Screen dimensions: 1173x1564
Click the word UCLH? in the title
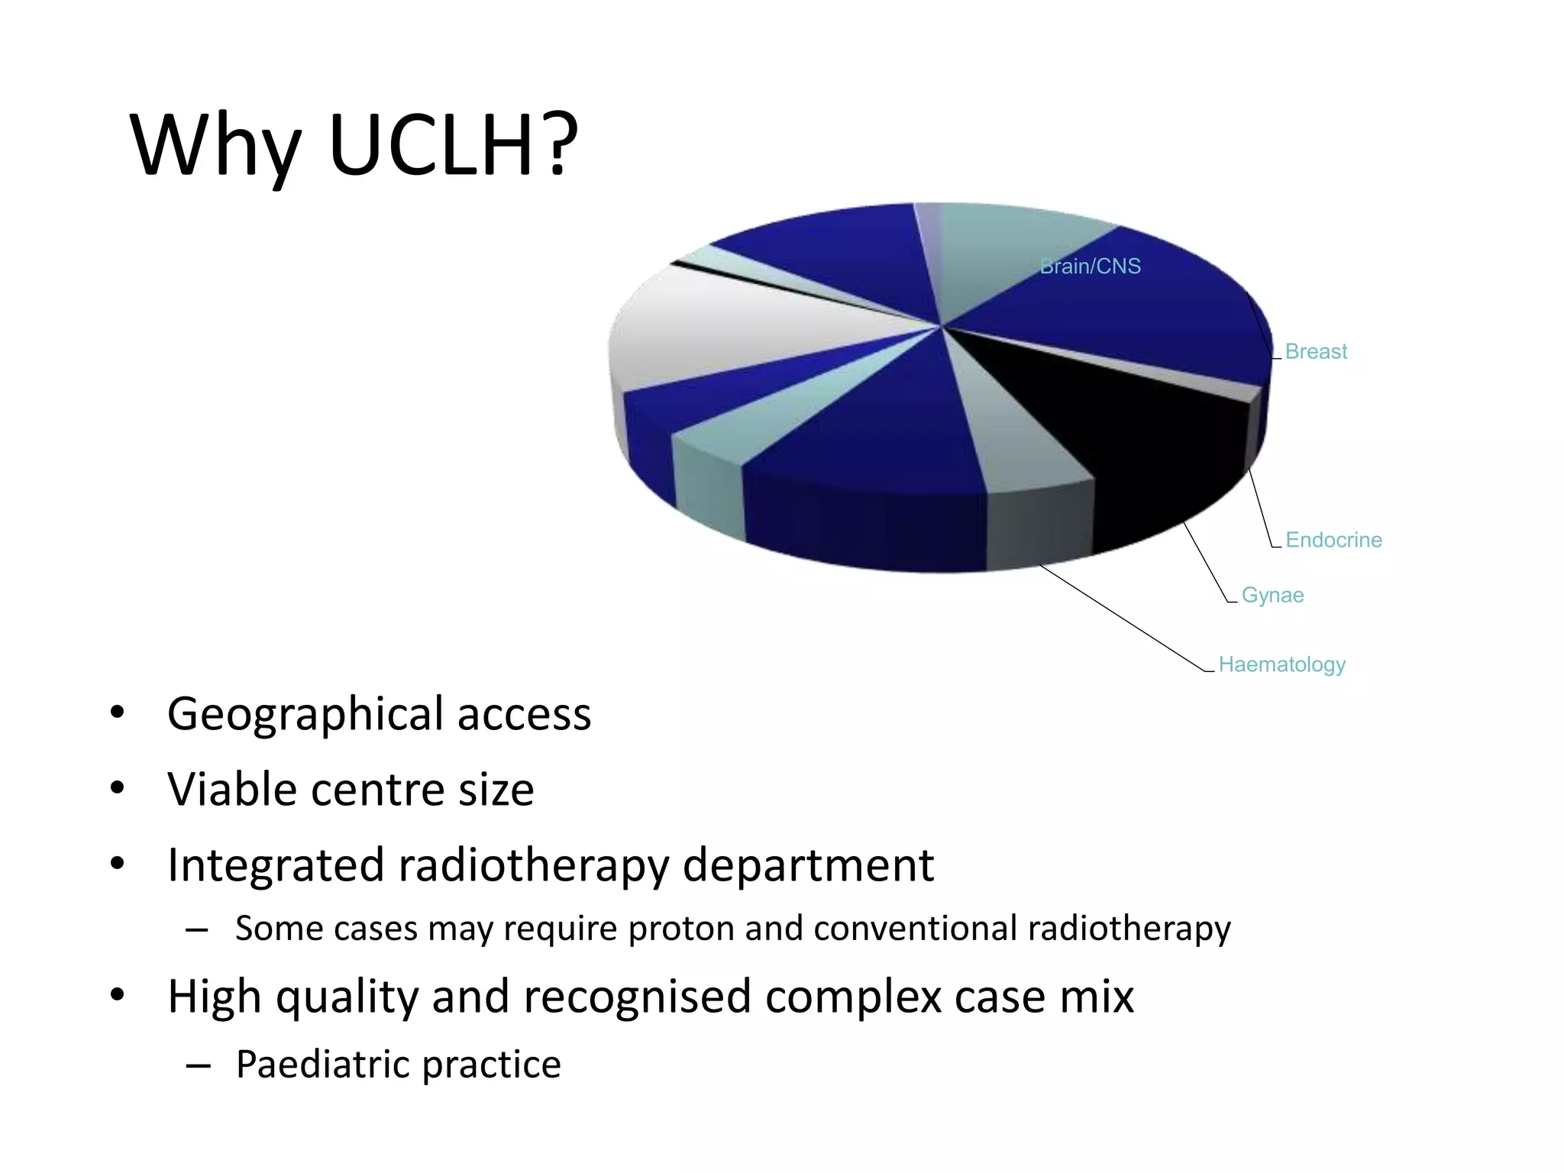(x=453, y=145)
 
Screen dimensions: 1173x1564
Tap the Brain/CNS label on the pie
(x=1090, y=267)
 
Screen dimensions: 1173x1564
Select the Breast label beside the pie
(x=1316, y=351)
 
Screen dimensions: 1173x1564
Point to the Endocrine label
(x=1333, y=540)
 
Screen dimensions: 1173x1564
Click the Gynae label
(x=1272, y=595)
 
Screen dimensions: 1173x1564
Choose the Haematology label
(x=1281, y=664)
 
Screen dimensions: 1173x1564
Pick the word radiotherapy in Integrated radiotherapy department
(x=532, y=866)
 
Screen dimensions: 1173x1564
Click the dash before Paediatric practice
(x=198, y=1065)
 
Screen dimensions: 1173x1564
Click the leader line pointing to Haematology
(x=1123, y=618)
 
